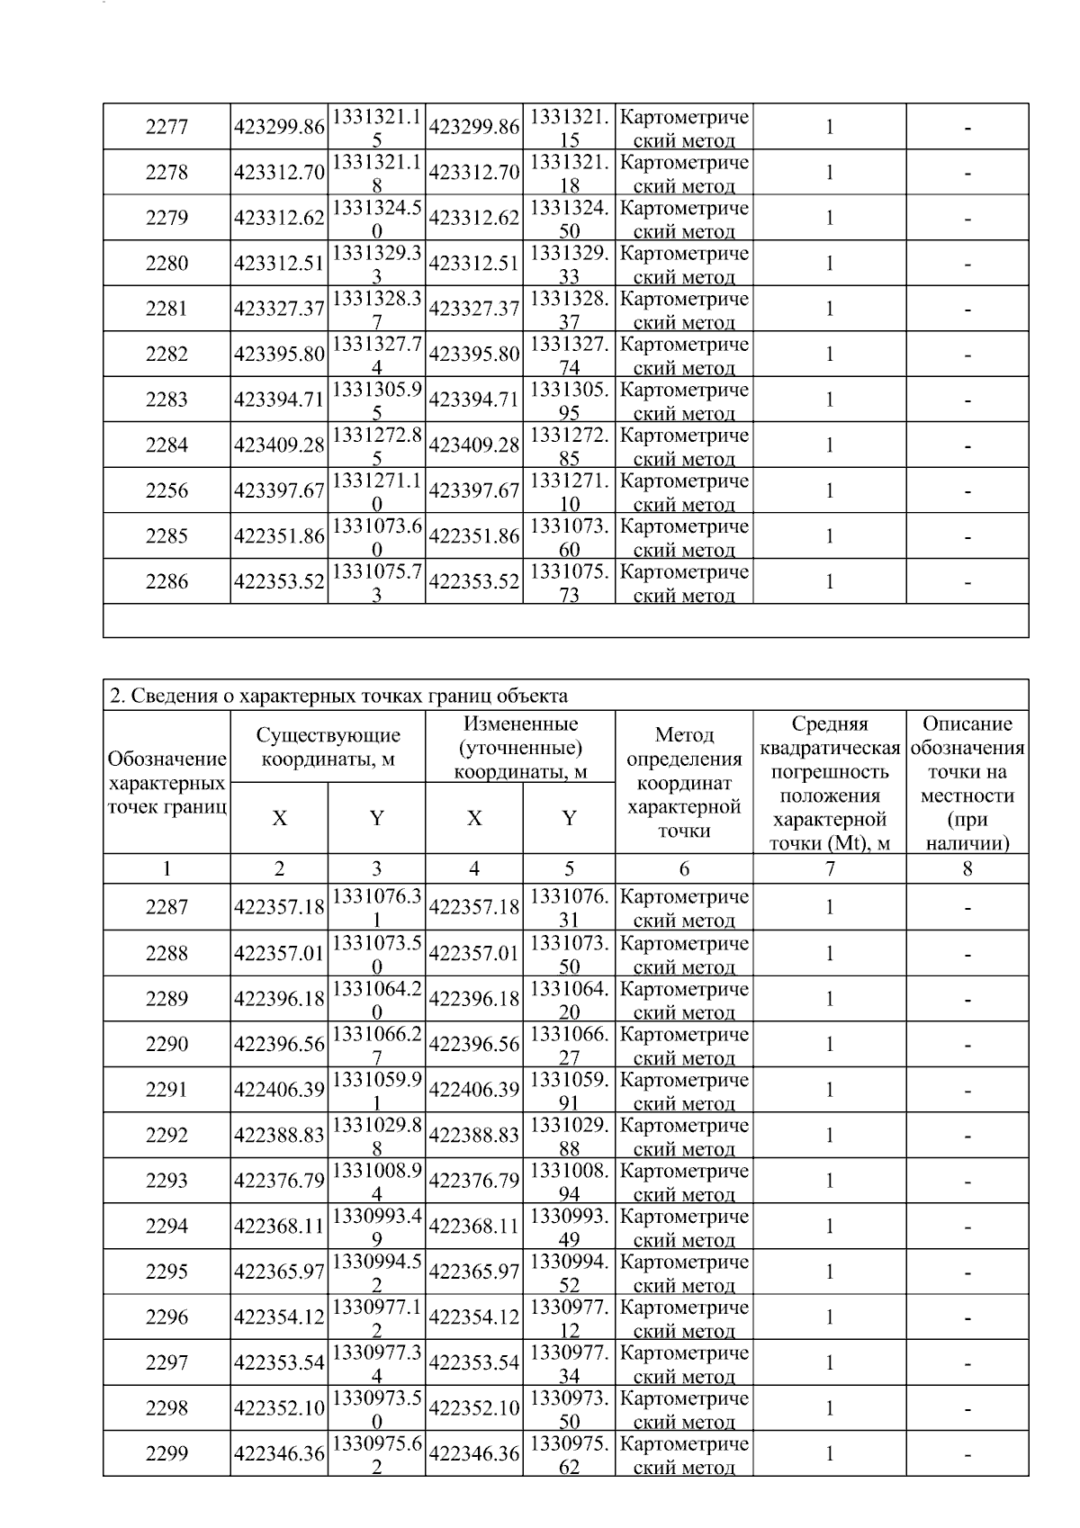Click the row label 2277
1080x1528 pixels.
click(166, 128)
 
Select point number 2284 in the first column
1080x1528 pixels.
click(166, 445)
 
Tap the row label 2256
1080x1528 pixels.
click(166, 491)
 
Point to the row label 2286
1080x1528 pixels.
click(166, 582)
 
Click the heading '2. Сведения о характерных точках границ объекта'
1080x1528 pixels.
click(338, 696)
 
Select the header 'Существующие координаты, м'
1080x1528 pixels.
click(328, 747)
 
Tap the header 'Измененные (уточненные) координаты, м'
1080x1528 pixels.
click(520, 747)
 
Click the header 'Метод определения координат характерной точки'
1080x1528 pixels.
click(684, 782)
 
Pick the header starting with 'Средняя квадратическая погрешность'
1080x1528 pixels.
click(830, 782)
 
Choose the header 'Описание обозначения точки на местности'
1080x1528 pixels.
click(967, 782)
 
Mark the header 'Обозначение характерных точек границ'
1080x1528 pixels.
click(166, 782)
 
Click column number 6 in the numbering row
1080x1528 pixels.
click(684, 869)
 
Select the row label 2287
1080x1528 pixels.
click(166, 908)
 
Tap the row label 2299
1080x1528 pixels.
click(166, 1454)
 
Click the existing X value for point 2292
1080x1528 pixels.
click(279, 1137)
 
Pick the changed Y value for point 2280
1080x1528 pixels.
click(569, 264)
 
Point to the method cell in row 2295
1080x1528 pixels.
click(684, 1272)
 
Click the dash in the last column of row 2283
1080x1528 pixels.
click(967, 400)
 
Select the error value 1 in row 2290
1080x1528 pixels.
click(830, 1045)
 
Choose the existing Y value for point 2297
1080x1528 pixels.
click(376, 1363)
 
